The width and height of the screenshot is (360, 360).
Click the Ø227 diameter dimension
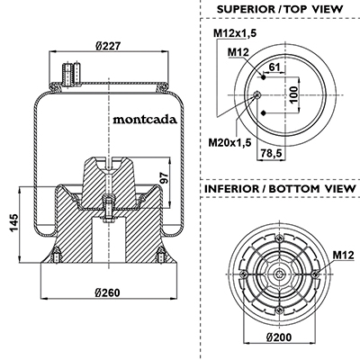[x=108, y=46]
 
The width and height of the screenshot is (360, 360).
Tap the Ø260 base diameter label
[x=107, y=292]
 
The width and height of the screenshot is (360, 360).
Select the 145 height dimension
[x=14, y=223]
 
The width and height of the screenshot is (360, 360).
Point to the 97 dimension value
[x=164, y=178]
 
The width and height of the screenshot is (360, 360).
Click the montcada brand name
[x=145, y=120]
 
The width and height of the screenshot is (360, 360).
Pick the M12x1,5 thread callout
[x=235, y=33]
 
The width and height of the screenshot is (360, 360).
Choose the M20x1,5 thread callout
[x=229, y=142]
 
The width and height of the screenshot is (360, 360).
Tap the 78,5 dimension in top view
[x=270, y=153]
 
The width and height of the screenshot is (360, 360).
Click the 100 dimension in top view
[x=294, y=94]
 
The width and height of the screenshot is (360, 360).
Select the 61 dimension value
[x=274, y=67]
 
